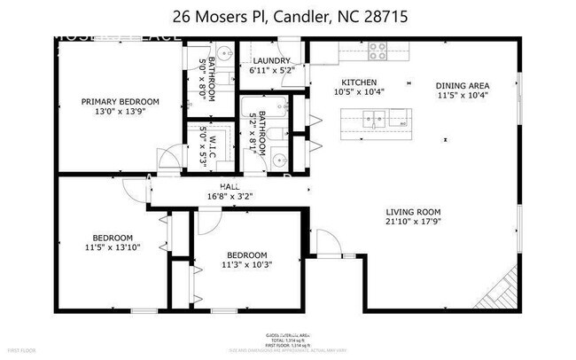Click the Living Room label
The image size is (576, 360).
point(413,211)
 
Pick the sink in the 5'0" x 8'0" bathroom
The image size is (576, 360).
point(224,51)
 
